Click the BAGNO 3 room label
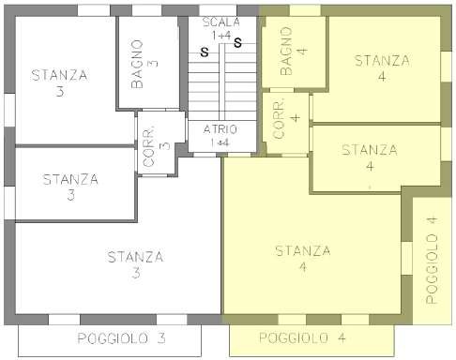tap(144, 64)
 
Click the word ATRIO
tap(220, 129)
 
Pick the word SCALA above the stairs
tap(221, 22)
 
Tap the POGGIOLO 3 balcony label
tap(121, 338)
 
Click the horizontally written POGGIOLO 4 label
tap(302, 337)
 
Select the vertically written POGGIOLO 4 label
tap(432, 261)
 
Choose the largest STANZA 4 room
tap(312, 244)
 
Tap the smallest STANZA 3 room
tap(75, 184)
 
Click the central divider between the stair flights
tap(221, 82)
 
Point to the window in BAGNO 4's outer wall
tap(305, 10)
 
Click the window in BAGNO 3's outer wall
tap(146, 10)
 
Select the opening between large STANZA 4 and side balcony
tap(406, 259)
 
